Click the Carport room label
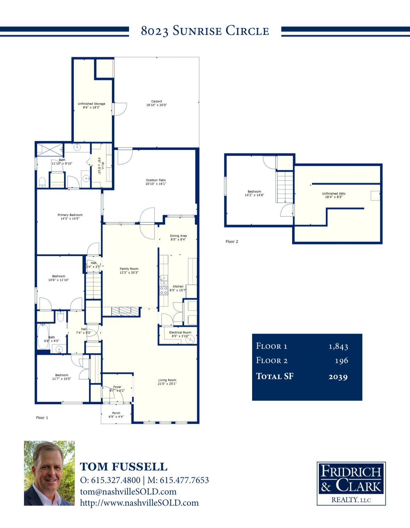tap(156, 103)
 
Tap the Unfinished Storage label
tap(91, 105)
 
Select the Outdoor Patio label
tap(156, 182)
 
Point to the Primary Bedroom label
tap(70, 217)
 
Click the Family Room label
tap(129, 271)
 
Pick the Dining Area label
tap(178, 238)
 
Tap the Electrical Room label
tap(180, 334)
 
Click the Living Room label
tap(167, 382)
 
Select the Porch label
tap(116, 415)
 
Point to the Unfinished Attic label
tap(334, 195)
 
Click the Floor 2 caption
tap(232, 242)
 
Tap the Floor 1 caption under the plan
tap(42, 418)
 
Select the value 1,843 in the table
tap(338, 346)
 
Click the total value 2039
tap(338, 377)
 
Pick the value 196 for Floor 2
tap(341, 361)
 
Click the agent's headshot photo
tap(49, 473)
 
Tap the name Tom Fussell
tap(124, 467)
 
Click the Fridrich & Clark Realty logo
tap(351, 483)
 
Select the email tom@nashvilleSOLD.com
tap(128, 491)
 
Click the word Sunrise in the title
tap(197, 31)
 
